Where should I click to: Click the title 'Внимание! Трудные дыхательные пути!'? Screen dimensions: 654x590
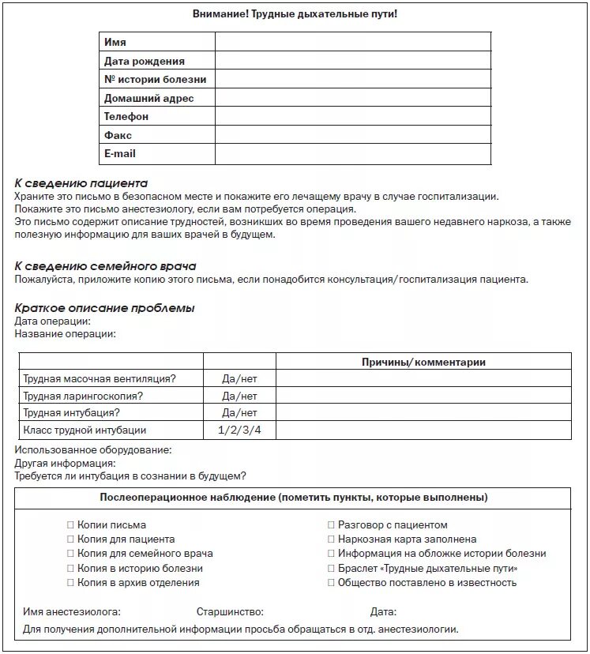point(295,14)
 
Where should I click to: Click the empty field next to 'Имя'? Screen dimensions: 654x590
point(352,42)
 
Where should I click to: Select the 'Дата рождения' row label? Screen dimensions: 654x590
point(145,61)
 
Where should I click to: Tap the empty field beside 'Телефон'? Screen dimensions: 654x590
point(352,116)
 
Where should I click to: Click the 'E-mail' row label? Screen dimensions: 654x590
point(120,153)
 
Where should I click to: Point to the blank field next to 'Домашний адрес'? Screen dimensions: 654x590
point(352,98)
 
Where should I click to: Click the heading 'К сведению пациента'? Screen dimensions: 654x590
point(81,183)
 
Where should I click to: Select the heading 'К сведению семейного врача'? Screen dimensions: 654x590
point(105,266)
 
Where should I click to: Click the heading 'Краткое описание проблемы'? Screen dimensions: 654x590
point(104,308)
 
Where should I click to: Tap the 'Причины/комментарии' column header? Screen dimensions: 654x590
point(423,362)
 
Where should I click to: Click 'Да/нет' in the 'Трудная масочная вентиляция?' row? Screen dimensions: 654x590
point(239,379)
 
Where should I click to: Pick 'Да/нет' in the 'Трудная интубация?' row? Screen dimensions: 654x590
point(239,413)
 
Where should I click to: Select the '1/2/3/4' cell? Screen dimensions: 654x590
point(239,430)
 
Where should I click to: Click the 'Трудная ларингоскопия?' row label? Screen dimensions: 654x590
point(84,396)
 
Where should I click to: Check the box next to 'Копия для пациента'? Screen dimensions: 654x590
point(70,539)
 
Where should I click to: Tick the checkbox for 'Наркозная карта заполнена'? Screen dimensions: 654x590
point(332,539)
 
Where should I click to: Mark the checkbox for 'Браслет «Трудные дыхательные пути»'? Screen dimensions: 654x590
point(332,569)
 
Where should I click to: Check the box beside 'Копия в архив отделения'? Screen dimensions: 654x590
point(70,583)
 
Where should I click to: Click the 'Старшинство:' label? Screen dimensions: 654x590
point(230,612)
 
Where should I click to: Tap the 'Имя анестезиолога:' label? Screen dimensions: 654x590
point(72,612)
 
